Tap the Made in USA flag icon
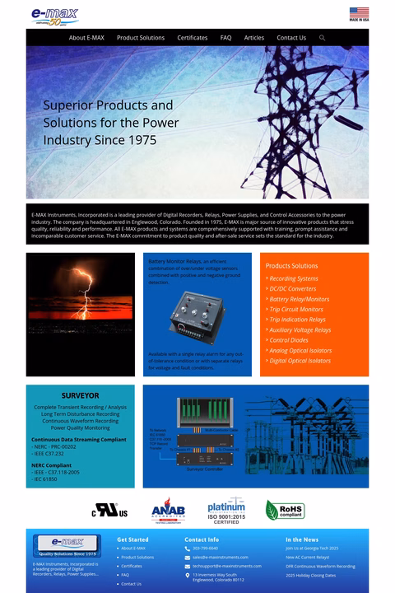pos(359,13)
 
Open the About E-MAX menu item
pos(86,38)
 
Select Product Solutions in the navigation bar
pos(141,38)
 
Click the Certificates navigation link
pos(193,38)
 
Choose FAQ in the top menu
pos(226,38)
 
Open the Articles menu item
pos(254,38)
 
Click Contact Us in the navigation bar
pos(291,38)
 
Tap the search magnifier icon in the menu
pos(322,38)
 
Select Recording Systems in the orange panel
pos(294,279)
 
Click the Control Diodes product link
pos(289,340)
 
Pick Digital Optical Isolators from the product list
pos(300,361)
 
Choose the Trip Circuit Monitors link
pos(296,310)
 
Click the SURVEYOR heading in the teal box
pos(80,396)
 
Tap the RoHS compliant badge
pos(285,510)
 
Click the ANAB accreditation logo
pos(168,511)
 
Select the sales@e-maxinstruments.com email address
pos(221,558)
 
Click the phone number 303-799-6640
pos(206,549)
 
